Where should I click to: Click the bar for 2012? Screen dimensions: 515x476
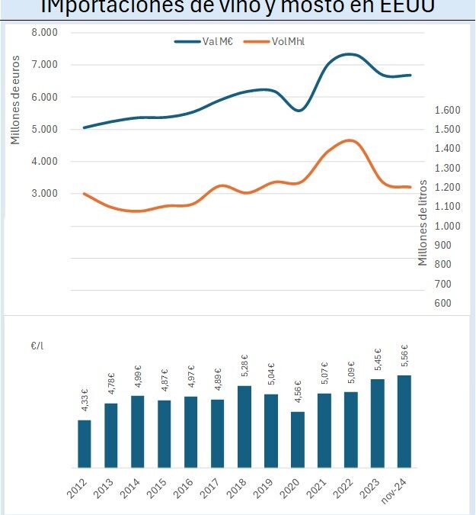tap(85, 443)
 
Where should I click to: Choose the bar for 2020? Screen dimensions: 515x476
tap(298, 439)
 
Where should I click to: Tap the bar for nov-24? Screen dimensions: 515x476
tap(404, 421)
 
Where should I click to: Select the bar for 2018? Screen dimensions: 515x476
tap(244, 426)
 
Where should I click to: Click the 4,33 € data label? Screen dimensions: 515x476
tap(85, 401)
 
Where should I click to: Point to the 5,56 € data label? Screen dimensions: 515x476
tap(404, 356)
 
